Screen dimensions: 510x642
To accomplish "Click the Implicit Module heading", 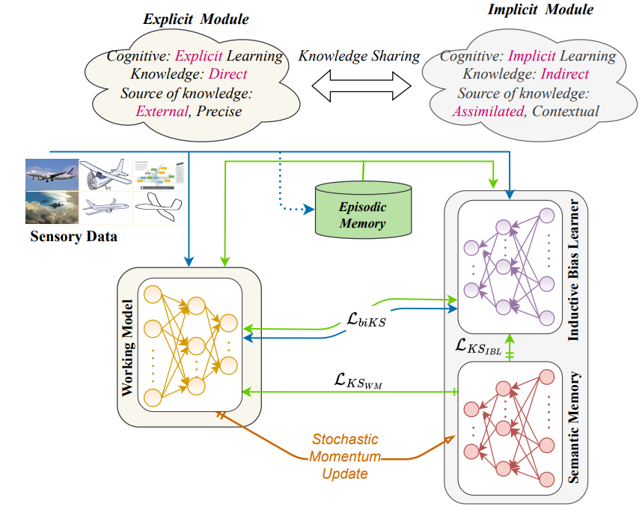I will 530,10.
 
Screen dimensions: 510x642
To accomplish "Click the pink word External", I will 160,112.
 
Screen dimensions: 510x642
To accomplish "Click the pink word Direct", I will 228,74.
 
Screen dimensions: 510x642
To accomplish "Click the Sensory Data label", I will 74,237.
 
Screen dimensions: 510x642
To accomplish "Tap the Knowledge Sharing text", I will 359,56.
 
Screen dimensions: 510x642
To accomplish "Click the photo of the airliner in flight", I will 52,173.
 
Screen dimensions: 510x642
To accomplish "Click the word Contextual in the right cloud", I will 566,112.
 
